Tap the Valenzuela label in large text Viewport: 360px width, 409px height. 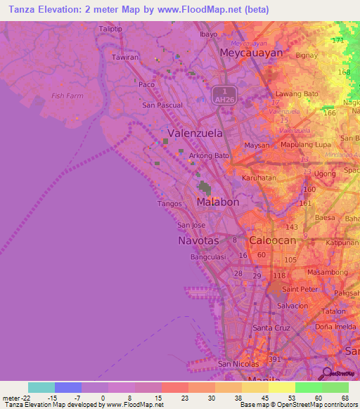195,133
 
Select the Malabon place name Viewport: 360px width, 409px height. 218,202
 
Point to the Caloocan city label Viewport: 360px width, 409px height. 272,240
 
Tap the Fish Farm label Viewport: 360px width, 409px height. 67,96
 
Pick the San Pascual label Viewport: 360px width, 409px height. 162,105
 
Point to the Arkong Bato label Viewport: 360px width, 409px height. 209,155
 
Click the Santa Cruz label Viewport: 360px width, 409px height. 271,327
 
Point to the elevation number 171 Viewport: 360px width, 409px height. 338,40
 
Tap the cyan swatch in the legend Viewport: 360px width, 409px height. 41,387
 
